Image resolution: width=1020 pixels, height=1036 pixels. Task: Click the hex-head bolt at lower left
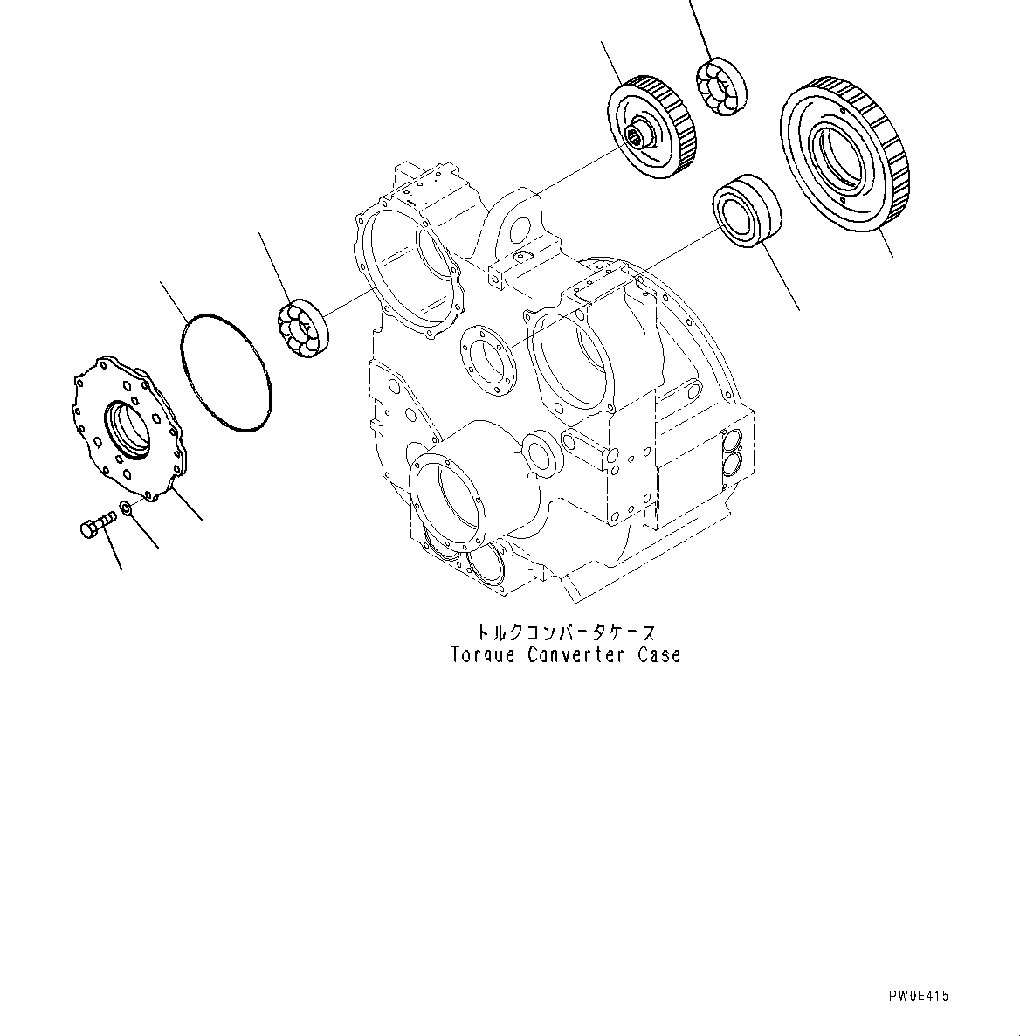[95, 525]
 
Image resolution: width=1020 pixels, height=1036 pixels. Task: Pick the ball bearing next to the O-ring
[302, 328]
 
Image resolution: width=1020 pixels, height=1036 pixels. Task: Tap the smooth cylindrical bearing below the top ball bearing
[745, 211]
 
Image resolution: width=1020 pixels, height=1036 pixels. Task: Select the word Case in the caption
[658, 654]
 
